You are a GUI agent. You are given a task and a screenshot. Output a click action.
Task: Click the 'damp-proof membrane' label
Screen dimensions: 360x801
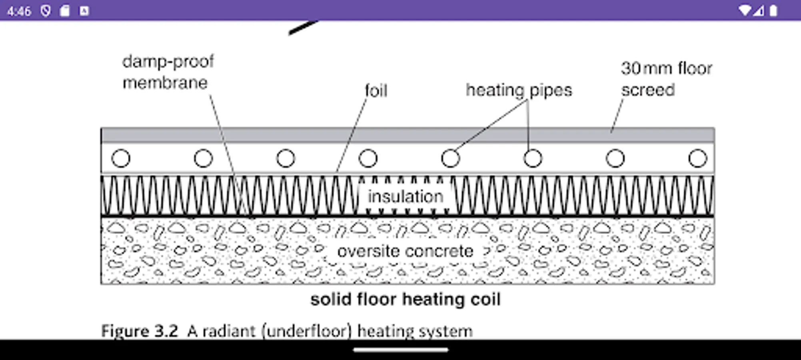click(x=168, y=72)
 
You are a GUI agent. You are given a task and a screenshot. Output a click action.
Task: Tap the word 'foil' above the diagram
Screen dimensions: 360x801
click(x=376, y=91)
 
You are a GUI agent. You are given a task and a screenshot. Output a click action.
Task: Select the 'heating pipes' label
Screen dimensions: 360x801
click(x=519, y=90)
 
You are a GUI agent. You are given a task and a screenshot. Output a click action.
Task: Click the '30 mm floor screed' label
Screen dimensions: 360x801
click(x=666, y=79)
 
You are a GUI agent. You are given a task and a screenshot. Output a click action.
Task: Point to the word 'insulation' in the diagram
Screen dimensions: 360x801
click(x=405, y=196)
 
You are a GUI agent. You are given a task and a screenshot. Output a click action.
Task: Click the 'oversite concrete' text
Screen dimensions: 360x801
click(x=405, y=251)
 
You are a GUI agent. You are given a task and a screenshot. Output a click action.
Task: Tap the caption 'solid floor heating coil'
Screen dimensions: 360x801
click(x=405, y=299)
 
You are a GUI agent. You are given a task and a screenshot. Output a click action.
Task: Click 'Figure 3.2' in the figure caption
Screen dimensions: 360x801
click(x=139, y=331)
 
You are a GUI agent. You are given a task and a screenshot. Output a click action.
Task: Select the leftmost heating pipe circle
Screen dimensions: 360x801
click(x=121, y=158)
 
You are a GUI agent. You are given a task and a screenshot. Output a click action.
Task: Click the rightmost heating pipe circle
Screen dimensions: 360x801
click(x=697, y=158)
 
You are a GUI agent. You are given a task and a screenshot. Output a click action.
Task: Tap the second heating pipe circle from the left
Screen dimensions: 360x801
click(x=203, y=158)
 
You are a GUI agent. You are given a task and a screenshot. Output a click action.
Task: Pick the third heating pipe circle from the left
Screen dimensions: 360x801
click(x=286, y=158)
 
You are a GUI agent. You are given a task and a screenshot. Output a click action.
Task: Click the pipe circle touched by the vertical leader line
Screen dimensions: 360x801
click(x=533, y=158)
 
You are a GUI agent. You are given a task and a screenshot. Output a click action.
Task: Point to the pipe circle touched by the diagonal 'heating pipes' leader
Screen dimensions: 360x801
click(x=450, y=158)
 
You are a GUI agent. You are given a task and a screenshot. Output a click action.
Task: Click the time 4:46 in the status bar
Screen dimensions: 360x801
click(x=19, y=11)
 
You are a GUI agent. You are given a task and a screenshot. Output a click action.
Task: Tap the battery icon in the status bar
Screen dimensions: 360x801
click(x=773, y=10)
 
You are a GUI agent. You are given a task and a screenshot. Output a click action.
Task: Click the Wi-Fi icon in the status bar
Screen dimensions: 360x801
click(x=745, y=10)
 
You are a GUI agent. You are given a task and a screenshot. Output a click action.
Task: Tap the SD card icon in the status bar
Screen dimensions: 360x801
click(x=65, y=11)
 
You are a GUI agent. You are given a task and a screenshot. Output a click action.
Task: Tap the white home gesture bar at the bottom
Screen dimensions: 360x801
click(x=400, y=350)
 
